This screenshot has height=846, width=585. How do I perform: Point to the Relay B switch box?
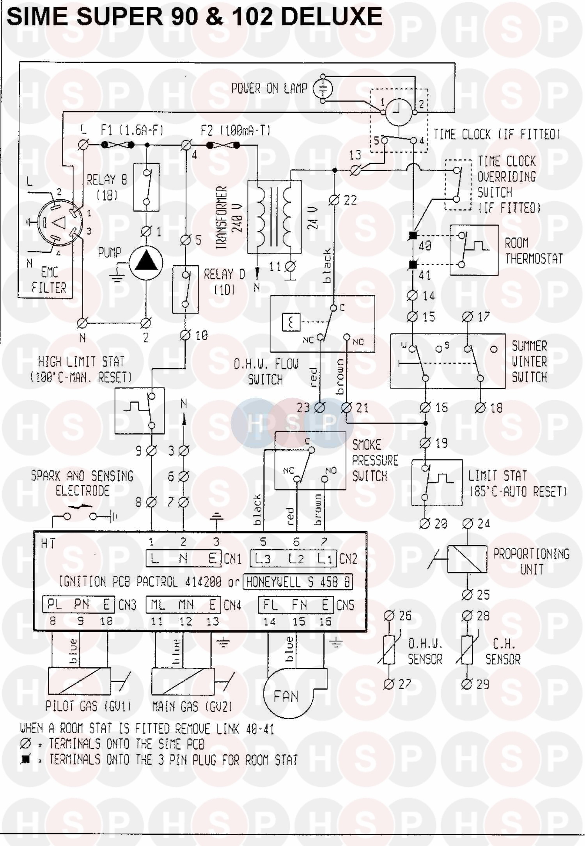(146, 187)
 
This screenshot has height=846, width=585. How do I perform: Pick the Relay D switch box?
(185, 289)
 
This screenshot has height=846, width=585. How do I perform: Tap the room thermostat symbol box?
(474, 250)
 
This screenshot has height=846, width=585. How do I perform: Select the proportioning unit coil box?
(467, 559)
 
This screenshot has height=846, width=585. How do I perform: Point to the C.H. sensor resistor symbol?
(467, 650)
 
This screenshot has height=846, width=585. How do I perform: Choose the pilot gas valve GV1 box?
(79, 681)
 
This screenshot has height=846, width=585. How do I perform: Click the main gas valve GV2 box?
(183, 681)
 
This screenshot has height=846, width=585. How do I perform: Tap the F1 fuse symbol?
(118, 145)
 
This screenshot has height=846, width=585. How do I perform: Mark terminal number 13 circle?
(355, 170)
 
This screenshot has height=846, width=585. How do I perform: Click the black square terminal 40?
(413, 236)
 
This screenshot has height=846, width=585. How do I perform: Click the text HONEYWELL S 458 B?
(298, 582)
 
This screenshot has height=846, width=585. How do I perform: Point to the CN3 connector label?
(127, 605)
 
